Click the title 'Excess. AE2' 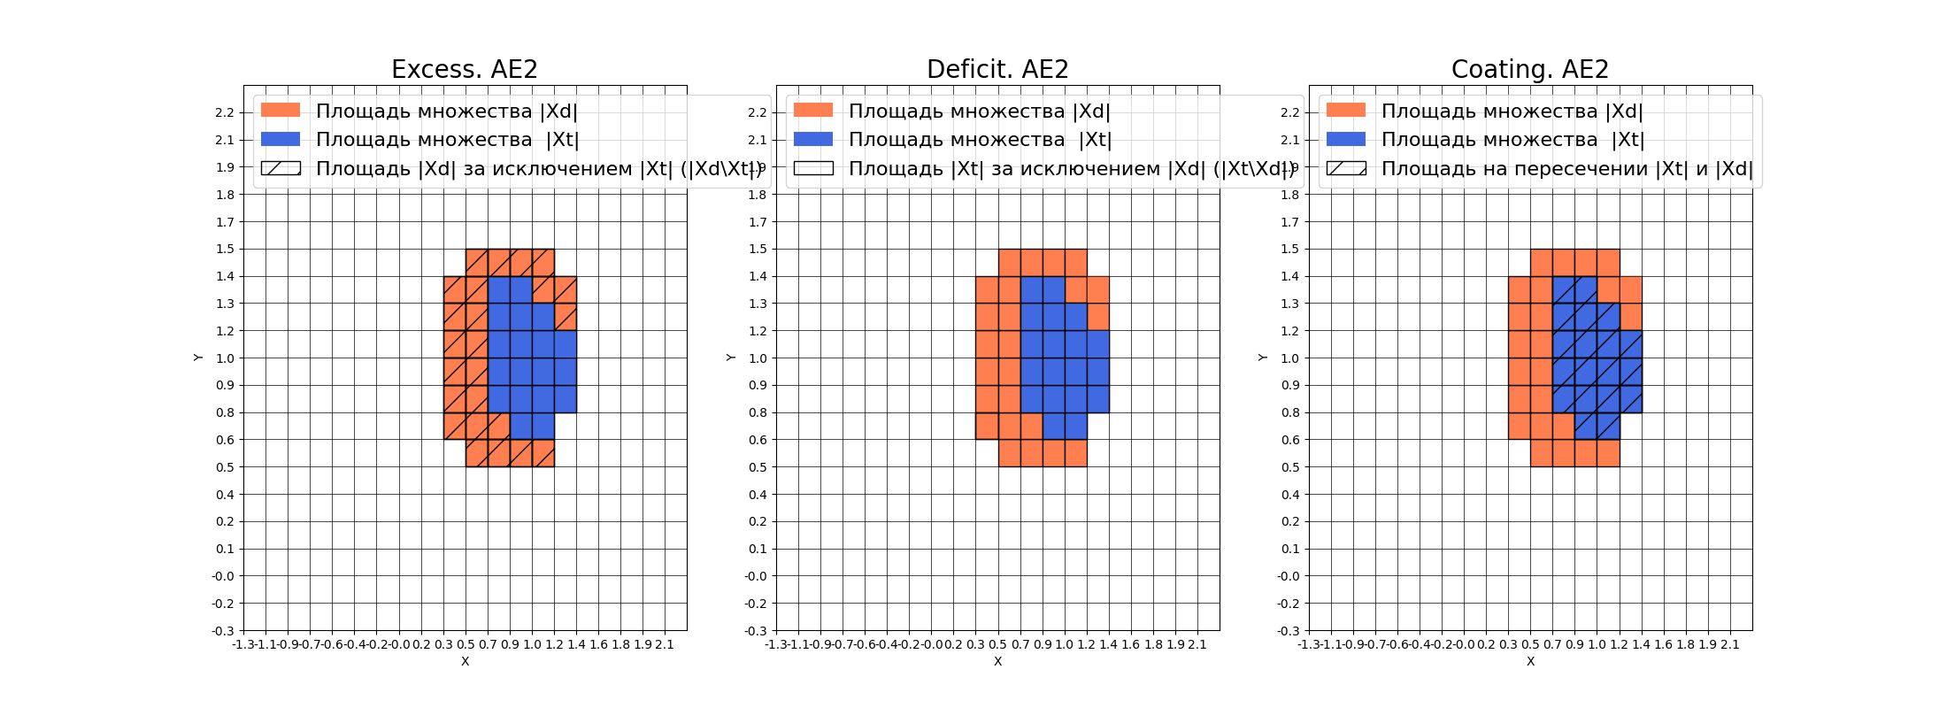tap(465, 69)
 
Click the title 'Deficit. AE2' tap(997, 69)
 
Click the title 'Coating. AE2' tap(1529, 69)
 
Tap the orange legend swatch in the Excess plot tap(281, 111)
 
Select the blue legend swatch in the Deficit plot tap(813, 139)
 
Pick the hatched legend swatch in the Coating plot tap(1346, 168)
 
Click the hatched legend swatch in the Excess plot tap(281, 168)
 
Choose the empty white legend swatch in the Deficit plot tap(813, 168)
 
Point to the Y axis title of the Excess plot tap(198, 358)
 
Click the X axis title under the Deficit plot tap(997, 661)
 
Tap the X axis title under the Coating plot tap(1530, 661)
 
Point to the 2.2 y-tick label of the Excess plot tap(225, 112)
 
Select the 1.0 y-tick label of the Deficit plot tap(758, 358)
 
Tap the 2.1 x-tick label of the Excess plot tap(665, 644)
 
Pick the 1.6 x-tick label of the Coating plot tap(1664, 644)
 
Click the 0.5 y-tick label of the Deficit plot tap(758, 467)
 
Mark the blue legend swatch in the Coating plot tap(1346, 139)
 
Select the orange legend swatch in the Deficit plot tap(813, 111)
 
